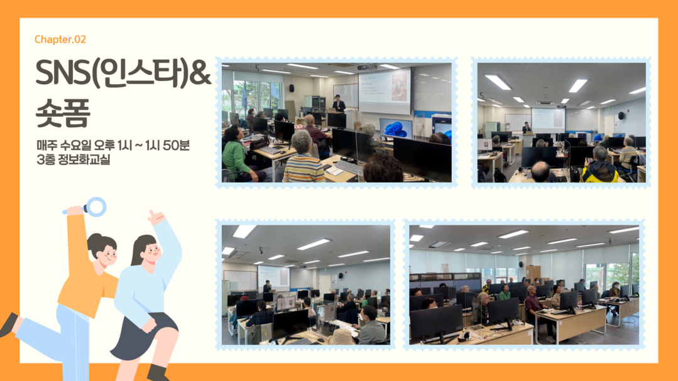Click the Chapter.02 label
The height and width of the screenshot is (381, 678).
point(60,40)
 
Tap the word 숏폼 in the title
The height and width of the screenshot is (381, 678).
point(63,113)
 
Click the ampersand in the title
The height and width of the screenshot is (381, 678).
point(200,73)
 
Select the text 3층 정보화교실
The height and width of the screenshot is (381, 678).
point(74,159)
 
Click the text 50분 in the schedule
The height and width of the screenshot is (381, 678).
point(176,146)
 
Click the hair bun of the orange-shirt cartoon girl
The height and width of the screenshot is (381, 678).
point(95,239)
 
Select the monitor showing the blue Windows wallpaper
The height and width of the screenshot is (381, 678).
point(396,128)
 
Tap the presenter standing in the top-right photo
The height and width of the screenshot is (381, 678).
point(526,128)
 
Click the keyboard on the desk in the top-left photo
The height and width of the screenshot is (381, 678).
point(349,168)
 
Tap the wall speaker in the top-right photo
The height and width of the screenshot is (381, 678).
point(621,115)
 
